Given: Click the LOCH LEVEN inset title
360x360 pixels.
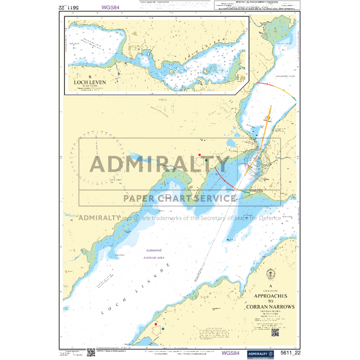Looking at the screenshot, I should [89, 82].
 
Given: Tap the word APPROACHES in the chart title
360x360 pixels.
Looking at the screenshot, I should [271, 297].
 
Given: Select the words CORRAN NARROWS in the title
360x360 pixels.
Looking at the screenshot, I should [271, 307].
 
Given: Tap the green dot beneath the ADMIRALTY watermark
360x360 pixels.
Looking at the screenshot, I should [206, 160].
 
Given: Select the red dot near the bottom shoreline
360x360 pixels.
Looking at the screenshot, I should [155, 324].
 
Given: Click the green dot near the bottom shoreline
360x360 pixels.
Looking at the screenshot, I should [163, 328].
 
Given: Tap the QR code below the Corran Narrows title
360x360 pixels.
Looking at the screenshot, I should [275, 332].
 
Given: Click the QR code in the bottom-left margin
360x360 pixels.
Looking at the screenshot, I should [90, 352].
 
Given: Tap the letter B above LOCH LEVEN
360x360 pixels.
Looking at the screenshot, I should [89, 77].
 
